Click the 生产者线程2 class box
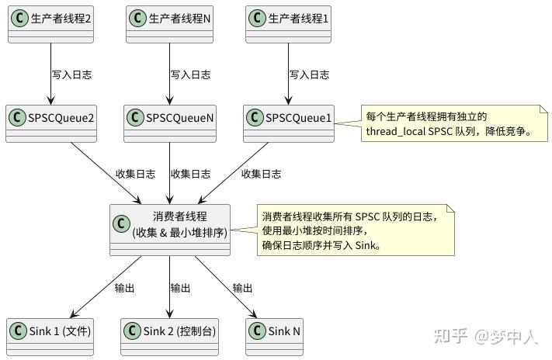(x=50, y=22)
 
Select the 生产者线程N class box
(x=169, y=22)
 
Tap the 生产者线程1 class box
(x=288, y=22)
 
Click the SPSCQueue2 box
(x=50, y=123)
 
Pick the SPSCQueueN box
(x=169, y=123)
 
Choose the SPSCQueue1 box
(x=288, y=123)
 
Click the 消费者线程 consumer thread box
(x=170, y=229)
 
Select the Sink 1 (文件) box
(x=50, y=336)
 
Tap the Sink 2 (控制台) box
(x=169, y=336)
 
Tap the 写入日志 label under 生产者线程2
(x=72, y=75)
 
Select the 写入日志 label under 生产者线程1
(x=309, y=75)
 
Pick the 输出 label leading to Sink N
(x=242, y=288)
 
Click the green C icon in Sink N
(x=257, y=331)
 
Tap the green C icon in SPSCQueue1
(x=254, y=118)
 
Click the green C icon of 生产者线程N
(x=137, y=17)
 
